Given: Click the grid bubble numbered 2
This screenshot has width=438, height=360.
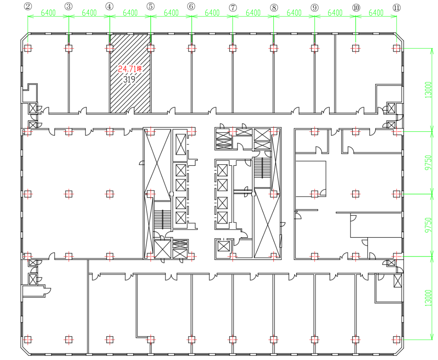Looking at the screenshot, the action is (x=28, y=6).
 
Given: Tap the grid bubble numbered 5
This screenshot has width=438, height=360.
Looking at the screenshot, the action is (x=151, y=6).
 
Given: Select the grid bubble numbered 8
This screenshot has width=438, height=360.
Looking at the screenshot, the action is (x=274, y=7).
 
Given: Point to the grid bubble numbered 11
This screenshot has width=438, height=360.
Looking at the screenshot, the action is (x=396, y=7).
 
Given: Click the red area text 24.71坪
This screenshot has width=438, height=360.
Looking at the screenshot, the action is (x=130, y=69).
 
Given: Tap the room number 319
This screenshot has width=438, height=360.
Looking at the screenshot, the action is (x=129, y=80).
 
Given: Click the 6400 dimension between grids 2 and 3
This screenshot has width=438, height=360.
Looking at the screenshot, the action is (x=49, y=13).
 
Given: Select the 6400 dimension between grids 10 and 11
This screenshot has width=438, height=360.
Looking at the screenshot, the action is (x=376, y=13).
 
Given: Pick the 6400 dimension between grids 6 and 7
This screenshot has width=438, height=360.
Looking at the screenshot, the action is (x=212, y=13).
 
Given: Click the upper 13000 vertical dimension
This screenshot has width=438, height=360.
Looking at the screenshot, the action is (x=428, y=90).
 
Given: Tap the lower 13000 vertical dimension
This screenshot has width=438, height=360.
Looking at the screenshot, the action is (x=428, y=298).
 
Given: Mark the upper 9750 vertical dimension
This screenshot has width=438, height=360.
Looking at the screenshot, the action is (x=428, y=163).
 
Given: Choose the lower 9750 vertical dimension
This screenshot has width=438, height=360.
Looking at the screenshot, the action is (x=428, y=225).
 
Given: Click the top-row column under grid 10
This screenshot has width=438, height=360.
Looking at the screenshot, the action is (x=355, y=48).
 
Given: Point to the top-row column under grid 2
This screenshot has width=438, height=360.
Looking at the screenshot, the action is (x=28, y=48).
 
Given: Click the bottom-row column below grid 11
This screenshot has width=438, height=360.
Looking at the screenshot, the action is (x=396, y=339).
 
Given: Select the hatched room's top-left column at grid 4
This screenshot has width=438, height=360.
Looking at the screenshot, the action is (x=110, y=48).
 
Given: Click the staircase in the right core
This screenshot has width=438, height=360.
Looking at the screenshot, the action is (x=262, y=168).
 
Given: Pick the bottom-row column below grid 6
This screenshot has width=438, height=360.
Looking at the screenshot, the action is (x=192, y=339).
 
